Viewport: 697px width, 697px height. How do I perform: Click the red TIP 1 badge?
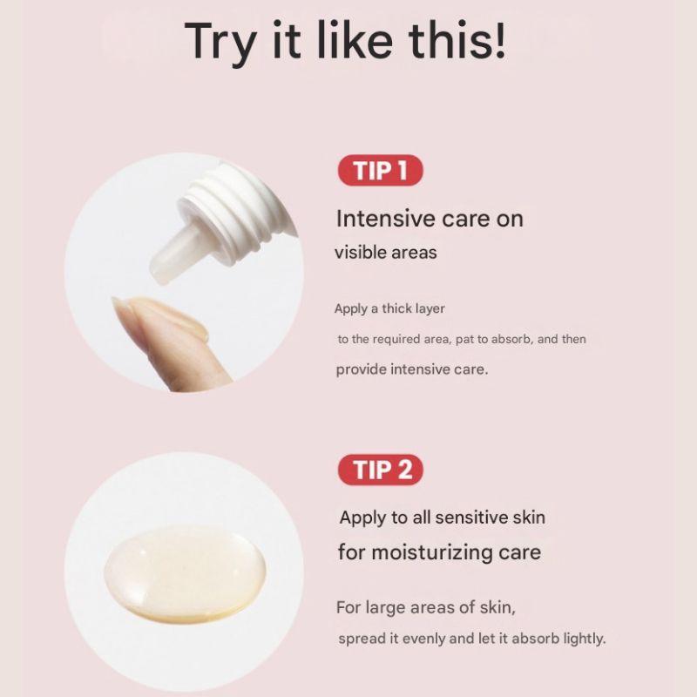(x=379, y=171)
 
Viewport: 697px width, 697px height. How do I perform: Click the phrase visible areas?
(x=386, y=253)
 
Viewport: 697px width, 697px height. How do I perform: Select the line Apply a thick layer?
(x=389, y=308)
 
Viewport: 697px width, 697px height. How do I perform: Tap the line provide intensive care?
(x=412, y=369)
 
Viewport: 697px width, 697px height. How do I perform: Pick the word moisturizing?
(x=432, y=552)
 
